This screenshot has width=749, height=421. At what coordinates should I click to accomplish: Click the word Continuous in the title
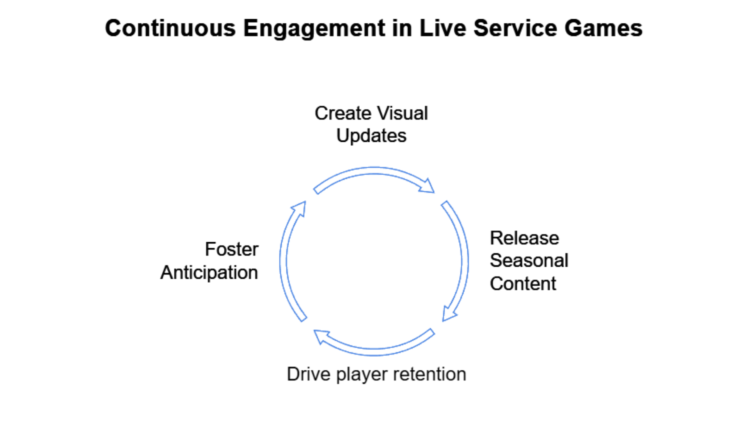click(x=170, y=28)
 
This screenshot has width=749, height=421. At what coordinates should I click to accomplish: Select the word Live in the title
click(x=443, y=28)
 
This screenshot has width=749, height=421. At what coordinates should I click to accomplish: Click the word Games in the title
click(x=603, y=28)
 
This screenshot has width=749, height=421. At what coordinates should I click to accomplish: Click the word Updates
click(x=371, y=136)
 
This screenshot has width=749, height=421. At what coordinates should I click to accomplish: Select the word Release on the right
click(x=524, y=238)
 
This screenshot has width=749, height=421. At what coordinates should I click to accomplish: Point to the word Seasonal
click(x=529, y=260)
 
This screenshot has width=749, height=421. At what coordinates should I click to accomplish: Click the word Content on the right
click(x=523, y=283)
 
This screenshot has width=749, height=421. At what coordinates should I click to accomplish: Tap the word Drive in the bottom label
click(x=309, y=374)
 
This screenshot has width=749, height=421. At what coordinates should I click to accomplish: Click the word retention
click(x=430, y=374)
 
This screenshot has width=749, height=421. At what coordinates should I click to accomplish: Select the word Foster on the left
click(x=231, y=249)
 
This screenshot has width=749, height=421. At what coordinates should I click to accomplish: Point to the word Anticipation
click(x=209, y=272)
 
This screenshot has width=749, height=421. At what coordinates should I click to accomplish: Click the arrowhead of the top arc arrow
click(x=428, y=186)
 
